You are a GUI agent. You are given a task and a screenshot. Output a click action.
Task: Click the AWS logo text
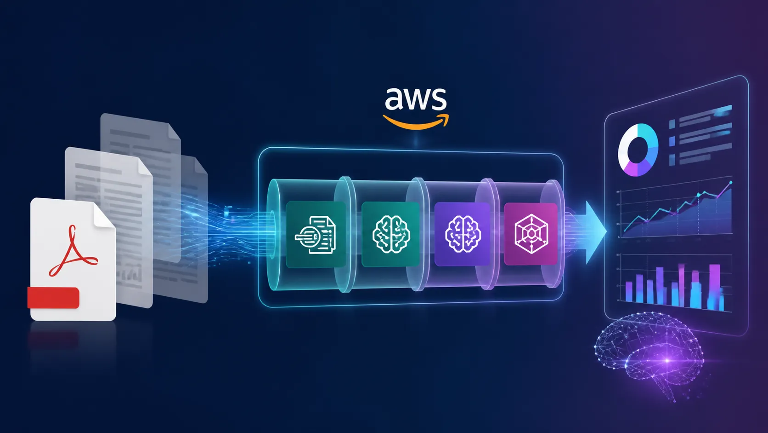[x=416, y=99]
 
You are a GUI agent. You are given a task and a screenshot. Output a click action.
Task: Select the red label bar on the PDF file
[x=53, y=298]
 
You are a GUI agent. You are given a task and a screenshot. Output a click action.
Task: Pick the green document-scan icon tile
[x=316, y=234]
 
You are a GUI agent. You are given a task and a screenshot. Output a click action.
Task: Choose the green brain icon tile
[x=391, y=234]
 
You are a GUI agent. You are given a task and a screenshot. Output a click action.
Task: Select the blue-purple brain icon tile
[x=462, y=234]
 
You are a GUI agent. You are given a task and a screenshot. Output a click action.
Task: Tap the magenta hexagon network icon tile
[x=531, y=234]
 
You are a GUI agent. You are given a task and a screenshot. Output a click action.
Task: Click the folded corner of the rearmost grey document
[x=174, y=131]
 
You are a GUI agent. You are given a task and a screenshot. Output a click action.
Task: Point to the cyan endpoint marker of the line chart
[x=731, y=182]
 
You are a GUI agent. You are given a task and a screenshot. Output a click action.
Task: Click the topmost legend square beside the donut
[x=672, y=124]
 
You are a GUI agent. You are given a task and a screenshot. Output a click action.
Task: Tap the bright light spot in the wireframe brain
[x=667, y=361]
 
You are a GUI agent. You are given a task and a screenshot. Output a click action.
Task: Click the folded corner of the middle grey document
[x=145, y=167]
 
